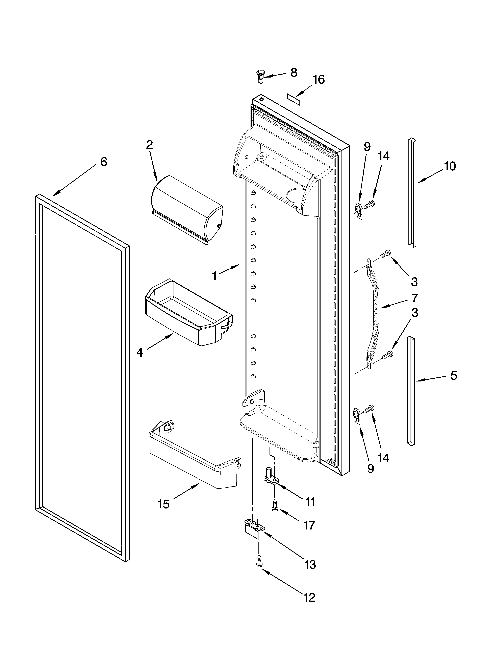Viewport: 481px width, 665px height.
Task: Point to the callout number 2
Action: pyautogui.click(x=149, y=145)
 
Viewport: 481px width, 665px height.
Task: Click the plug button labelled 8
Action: pyautogui.click(x=260, y=75)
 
